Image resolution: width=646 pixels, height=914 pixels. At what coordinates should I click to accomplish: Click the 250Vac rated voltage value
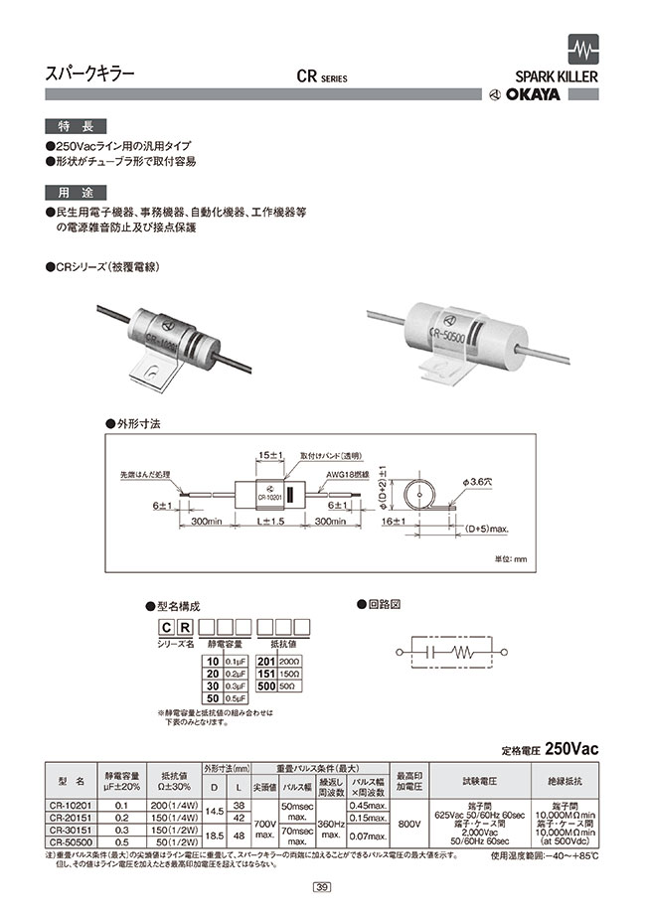coord(572,746)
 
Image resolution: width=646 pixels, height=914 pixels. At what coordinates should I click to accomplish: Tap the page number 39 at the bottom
coord(322,887)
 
